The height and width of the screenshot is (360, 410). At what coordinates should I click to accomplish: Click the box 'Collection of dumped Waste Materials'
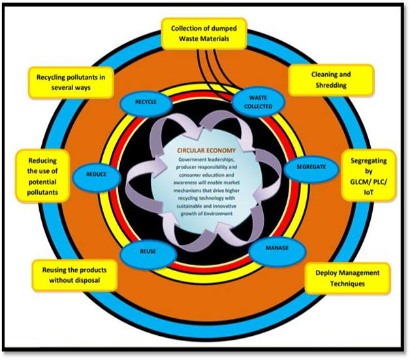(x=205, y=33)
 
